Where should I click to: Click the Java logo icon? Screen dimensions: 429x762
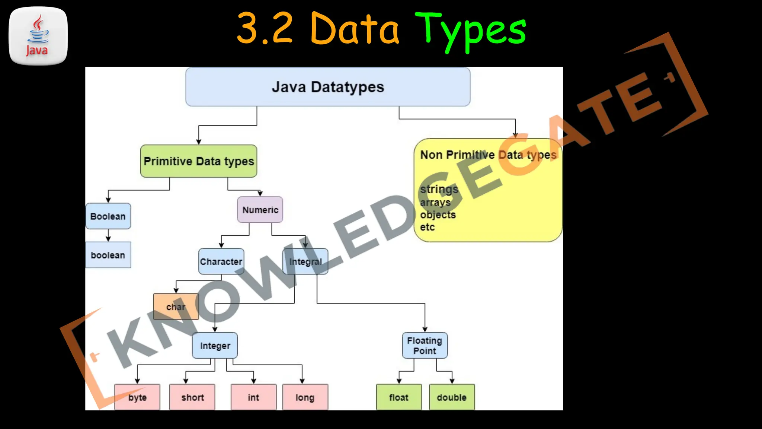[38, 36]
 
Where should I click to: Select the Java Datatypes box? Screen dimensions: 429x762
[328, 87]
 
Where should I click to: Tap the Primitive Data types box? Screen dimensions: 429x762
[199, 161]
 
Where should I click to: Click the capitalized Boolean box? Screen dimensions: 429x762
[108, 216]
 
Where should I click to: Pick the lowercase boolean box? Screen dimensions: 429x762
[108, 255]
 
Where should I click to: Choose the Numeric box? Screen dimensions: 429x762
[260, 210]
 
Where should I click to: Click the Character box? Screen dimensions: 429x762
[221, 261]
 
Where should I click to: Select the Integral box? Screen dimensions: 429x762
[305, 261]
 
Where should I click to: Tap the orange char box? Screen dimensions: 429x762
[176, 307]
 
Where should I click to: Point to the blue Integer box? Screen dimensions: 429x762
[215, 346]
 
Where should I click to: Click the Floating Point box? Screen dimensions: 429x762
[425, 346]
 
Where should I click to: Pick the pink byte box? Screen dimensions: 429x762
[137, 397]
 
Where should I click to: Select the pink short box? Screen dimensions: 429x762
[192, 397]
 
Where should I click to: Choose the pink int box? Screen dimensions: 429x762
[253, 397]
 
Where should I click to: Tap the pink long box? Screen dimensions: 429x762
[305, 397]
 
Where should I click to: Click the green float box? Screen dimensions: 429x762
[399, 397]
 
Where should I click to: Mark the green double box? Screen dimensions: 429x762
[452, 397]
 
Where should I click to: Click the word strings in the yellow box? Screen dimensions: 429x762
[439, 189]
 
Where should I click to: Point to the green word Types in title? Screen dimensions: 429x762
[470, 30]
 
